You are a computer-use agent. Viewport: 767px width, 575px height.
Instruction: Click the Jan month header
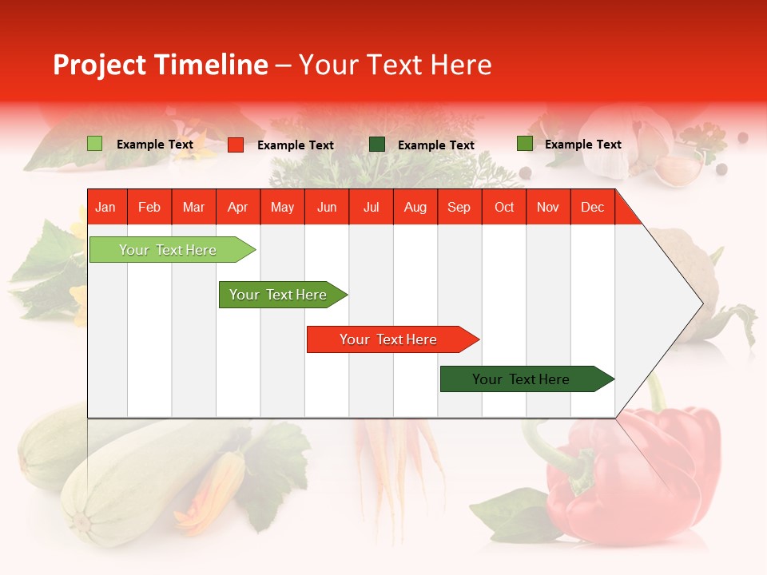(x=105, y=207)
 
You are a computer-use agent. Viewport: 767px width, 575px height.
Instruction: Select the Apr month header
(x=237, y=207)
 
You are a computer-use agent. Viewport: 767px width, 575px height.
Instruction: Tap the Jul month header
(x=371, y=207)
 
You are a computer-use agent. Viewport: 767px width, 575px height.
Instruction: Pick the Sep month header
(x=459, y=207)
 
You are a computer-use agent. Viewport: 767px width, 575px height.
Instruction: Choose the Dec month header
(x=592, y=207)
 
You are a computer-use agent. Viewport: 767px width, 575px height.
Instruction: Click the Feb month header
(x=149, y=207)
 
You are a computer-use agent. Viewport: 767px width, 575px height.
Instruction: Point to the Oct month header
(x=504, y=207)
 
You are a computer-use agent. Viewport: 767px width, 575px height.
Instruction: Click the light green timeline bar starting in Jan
(x=169, y=250)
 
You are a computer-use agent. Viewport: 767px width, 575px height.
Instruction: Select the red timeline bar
(x=389, y=339)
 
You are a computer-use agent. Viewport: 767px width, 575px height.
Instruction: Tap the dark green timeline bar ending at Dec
(x=522, y=379)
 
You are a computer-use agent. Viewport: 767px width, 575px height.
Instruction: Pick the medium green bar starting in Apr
(x=279, y=295)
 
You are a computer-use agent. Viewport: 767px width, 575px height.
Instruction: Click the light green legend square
(x=94, y=144)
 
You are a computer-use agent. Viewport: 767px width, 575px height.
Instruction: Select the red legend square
(x=236, y=145)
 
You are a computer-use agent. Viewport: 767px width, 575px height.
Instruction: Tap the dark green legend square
(x=377, y=144)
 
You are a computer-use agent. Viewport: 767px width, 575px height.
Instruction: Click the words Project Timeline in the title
(x=160, y=65)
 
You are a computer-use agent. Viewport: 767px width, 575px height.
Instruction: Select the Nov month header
(x=548, y=207)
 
